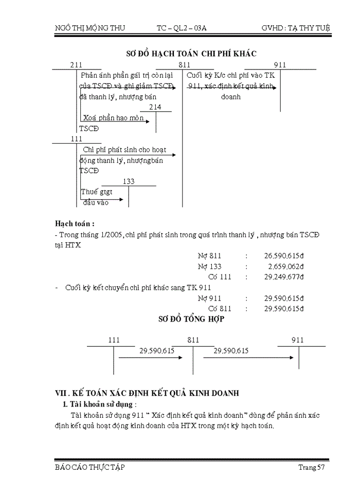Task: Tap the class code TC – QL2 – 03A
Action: (182, 27)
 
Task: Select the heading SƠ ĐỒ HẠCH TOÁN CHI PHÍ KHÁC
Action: (191, 53)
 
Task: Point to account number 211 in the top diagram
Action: (76, 64)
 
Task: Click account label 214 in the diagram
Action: (155, 107)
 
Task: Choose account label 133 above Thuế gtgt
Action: (129, 181)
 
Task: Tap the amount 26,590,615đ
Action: (284, 255)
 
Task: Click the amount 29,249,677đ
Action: (284, 277)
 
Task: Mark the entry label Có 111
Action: (220, 277)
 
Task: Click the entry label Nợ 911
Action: (209, 298)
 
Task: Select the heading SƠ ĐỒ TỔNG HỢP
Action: (191, 319)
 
